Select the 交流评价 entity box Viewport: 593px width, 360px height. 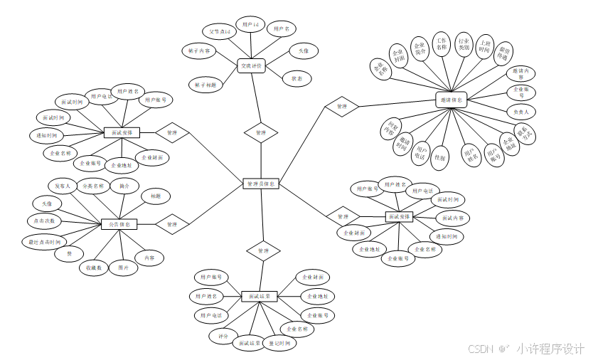[x=251, y=66]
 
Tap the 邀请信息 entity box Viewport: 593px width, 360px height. [x=450, y=100]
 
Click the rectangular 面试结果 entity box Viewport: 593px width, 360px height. [x=259, y=296]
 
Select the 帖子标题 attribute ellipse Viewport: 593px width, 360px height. [x=205, y=84]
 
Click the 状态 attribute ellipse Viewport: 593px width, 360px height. [x=296, y=78]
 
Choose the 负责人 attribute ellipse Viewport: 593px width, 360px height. [x=520, y=112]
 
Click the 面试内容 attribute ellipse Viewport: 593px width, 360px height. [x=452, y=218]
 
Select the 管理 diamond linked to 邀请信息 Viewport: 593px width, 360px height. [x=341, y=107]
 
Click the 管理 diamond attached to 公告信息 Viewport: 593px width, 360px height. [x=171, y=224]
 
